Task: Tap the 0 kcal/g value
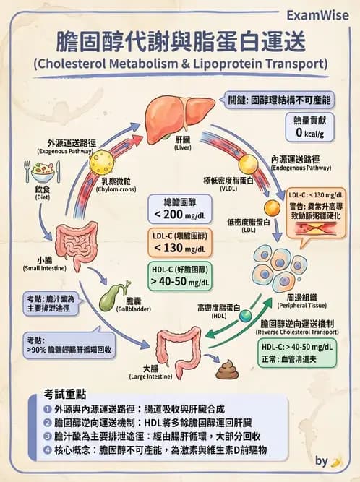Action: click(x=309, y=133)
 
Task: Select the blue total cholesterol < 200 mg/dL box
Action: click(x=179, y=208)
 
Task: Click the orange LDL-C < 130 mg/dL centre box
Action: click(x=179, y=243)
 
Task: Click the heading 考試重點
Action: click(x=65, y=395)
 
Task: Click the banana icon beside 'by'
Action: click(x=335, y=460)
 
